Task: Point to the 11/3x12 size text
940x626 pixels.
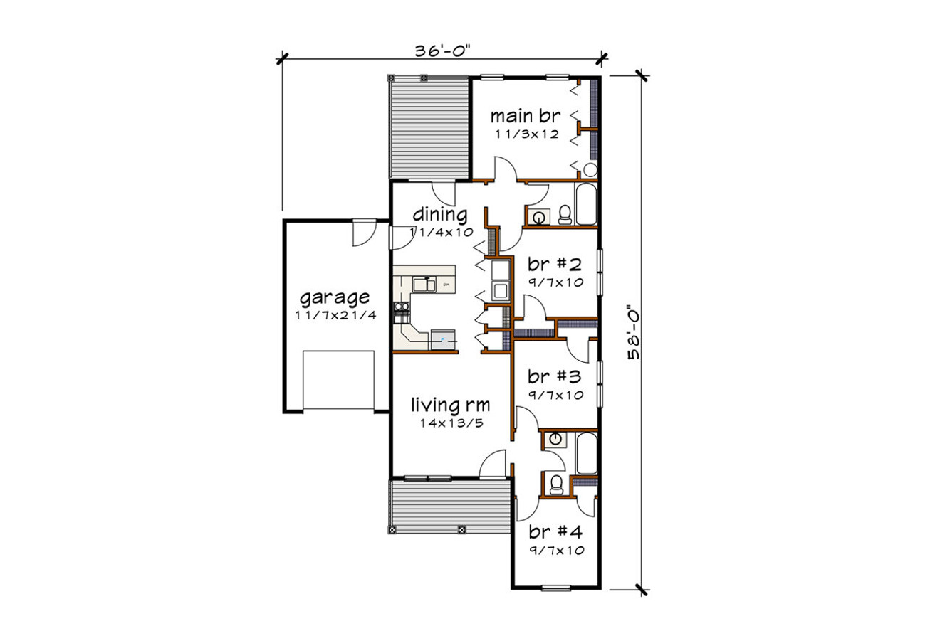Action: pos(526,134)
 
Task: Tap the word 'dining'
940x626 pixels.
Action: pos(440,214)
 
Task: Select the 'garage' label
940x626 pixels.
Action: pos(335,296)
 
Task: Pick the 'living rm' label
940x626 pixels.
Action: pos(450,405)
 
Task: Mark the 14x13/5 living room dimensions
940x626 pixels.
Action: pos(450,423)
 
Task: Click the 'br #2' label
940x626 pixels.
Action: pos(555,265)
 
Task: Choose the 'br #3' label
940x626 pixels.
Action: pos(555,376)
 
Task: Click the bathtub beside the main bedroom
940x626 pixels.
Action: pos(586,205)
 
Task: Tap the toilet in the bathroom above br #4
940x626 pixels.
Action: pos(556,484)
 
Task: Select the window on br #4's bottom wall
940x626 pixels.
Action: pos(555,588)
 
